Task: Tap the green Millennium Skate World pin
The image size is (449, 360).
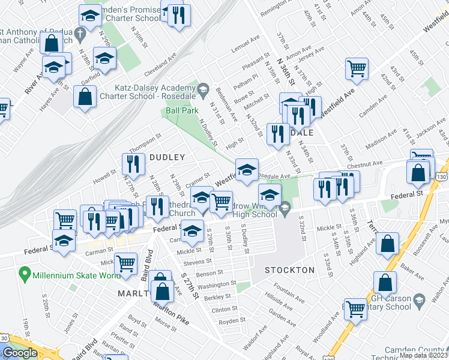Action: pos(25,275)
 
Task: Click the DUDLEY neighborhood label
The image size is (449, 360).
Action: pos(167,157)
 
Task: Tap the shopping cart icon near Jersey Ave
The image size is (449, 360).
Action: pos(357,68)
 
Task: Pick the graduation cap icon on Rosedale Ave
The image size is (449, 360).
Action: pos(247,169)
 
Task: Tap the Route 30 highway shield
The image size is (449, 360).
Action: pos(4,338)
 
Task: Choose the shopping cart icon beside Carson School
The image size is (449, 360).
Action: pos(355,308)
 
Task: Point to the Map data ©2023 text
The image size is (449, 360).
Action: pos(423,355)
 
